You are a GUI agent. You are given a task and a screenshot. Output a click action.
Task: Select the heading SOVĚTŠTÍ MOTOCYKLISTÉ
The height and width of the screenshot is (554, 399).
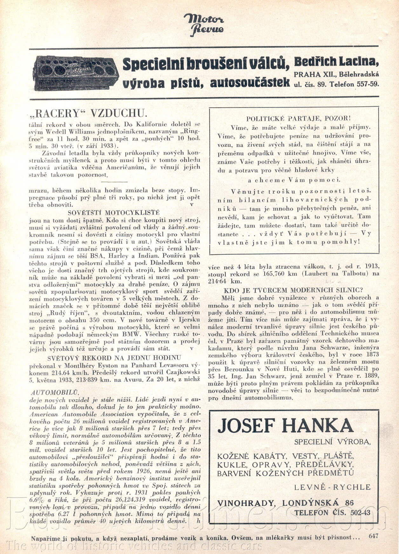point(114,213)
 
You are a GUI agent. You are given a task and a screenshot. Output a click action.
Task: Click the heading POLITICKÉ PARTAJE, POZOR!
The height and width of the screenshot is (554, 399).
point(298,119)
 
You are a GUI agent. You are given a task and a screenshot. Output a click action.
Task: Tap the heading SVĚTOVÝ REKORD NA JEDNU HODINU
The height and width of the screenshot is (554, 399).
point(114,358)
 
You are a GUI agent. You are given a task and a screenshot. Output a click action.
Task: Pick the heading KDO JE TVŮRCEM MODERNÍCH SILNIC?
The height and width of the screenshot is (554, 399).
point(293,290)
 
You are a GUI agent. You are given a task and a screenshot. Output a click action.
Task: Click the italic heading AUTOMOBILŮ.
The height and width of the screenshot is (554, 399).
point(55,393)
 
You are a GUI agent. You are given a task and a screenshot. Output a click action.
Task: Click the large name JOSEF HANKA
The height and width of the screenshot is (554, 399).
point(285,426)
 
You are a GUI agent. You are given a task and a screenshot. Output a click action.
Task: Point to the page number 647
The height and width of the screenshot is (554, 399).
point(374,536)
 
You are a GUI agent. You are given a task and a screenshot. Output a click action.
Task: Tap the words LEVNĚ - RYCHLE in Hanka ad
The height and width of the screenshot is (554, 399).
point(332,487)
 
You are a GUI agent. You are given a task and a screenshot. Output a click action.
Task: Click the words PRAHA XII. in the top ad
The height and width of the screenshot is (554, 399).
point(315,75)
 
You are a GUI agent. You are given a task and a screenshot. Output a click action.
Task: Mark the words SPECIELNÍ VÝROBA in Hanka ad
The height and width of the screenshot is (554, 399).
point(332,442)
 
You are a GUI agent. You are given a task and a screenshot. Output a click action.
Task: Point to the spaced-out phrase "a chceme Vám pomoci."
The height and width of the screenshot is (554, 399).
point(294,180)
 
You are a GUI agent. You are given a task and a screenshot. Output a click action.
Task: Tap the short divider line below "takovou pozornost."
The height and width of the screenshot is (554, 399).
point(114,182)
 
